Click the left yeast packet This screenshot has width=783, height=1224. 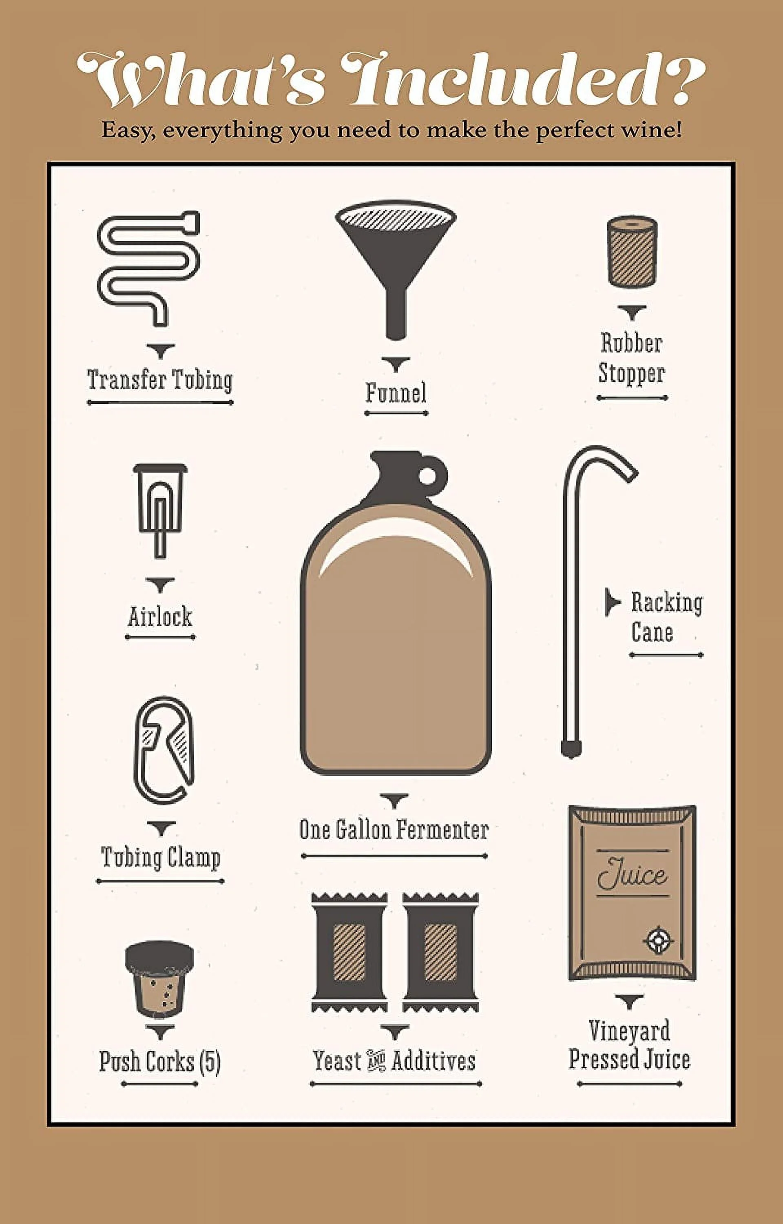[x=349, y=952]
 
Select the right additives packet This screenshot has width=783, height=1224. [x=441, y=952]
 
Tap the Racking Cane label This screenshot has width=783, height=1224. [x=666, y=617]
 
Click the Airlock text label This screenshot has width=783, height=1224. [x=159, y=617]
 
